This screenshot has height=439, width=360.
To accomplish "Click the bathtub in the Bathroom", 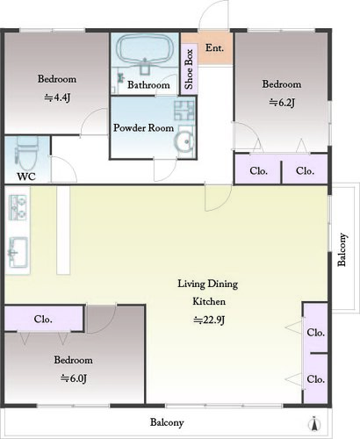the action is point(144,49).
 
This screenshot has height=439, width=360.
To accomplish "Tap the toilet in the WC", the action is point(27,153).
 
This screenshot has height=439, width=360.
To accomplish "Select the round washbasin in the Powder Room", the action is point(184,142).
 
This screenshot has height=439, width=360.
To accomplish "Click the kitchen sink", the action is point(18,252).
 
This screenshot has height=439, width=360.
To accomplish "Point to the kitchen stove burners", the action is point(18,208).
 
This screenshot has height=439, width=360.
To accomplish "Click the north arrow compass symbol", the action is point(314,424).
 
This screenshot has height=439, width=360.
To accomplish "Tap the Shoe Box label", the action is point(189,69).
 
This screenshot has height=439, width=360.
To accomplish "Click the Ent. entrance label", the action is point(214,47).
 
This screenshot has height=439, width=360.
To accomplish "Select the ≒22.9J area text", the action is point(209,320).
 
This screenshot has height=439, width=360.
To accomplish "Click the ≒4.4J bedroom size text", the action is point(57,97).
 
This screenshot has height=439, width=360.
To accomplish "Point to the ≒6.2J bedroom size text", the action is point(282,103).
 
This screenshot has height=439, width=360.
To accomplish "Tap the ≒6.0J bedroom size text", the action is point(74,378).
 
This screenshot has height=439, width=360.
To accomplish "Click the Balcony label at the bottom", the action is point(167,422).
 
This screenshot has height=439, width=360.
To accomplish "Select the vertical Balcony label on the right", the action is point(342,249).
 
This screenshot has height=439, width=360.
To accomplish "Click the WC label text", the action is point(26,176).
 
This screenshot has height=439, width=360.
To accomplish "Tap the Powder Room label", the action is point(143,128).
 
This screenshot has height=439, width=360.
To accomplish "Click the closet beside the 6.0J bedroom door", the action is point(44,319).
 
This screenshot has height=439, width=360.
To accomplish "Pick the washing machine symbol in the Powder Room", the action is point(184,111).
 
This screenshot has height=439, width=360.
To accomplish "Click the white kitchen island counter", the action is point(63,230).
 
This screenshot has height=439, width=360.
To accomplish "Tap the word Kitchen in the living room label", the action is point(209,301).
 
